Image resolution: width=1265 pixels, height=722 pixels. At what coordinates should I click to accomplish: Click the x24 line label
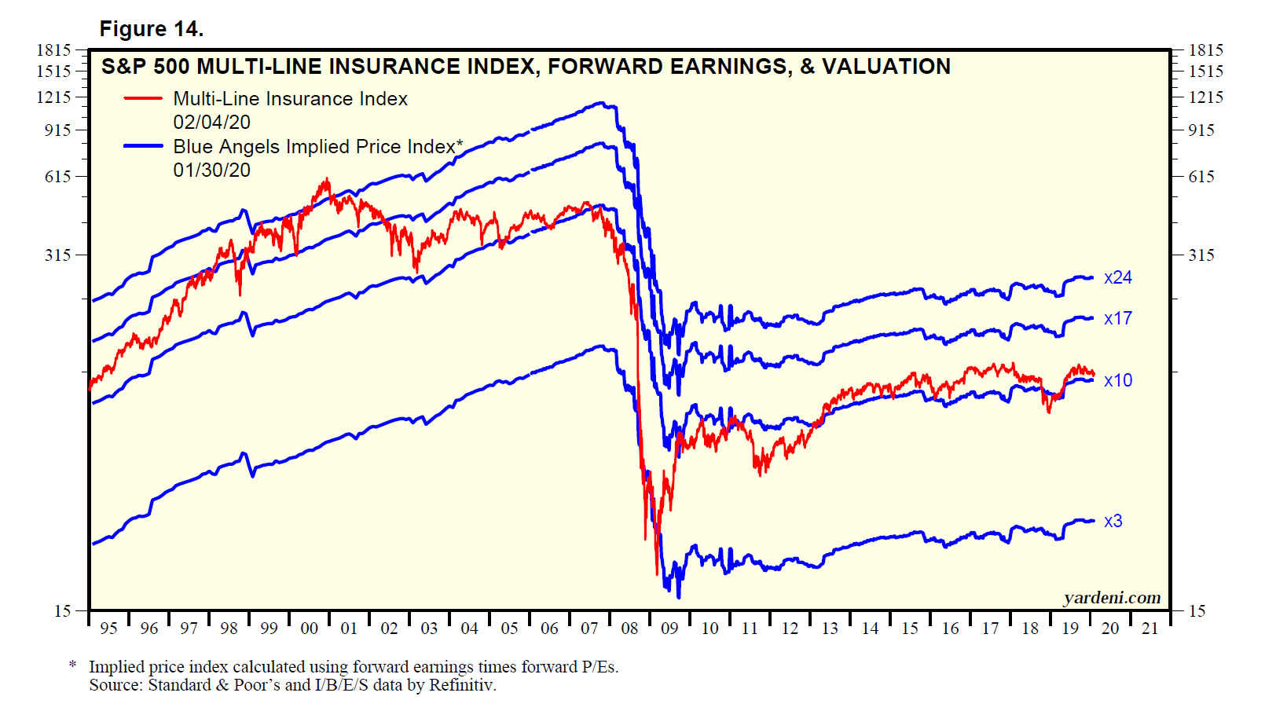click(1117, 278)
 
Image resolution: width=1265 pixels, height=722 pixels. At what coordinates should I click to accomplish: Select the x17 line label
click(1117, 319)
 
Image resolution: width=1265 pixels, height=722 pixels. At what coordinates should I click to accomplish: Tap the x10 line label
click(1117, 381)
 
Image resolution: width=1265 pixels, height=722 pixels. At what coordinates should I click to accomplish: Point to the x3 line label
click(1113, 522)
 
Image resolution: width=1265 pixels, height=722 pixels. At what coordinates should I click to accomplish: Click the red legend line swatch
click(143, 99)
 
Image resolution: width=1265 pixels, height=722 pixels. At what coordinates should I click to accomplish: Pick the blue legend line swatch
click(143, 146)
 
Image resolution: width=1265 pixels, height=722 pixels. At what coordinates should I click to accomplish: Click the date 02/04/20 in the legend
click(211, 123)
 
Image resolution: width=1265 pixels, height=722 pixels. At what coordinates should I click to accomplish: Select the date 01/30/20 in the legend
click(211, 170)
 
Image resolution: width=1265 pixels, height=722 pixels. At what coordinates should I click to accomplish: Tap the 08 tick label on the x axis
click(629, 629)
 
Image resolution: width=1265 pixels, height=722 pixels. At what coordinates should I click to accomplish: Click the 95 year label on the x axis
click(108, 629)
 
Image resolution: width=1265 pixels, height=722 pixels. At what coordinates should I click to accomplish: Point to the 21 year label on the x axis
click(1149, 629)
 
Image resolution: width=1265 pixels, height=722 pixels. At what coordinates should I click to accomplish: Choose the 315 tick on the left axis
click(58, 255)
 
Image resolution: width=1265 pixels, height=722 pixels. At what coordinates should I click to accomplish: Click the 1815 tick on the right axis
click(1205, 50)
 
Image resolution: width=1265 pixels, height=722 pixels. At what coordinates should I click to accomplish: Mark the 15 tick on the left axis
click(63, 611)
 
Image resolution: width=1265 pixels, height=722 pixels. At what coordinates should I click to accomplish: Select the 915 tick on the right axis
click(1201, 130)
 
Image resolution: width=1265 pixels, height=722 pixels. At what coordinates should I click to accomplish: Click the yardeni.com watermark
click(1112, 598)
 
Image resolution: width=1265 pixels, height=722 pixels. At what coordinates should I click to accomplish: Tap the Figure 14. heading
click(151, 29)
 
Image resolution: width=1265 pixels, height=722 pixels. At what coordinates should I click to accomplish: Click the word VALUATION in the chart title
click(886, 67)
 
